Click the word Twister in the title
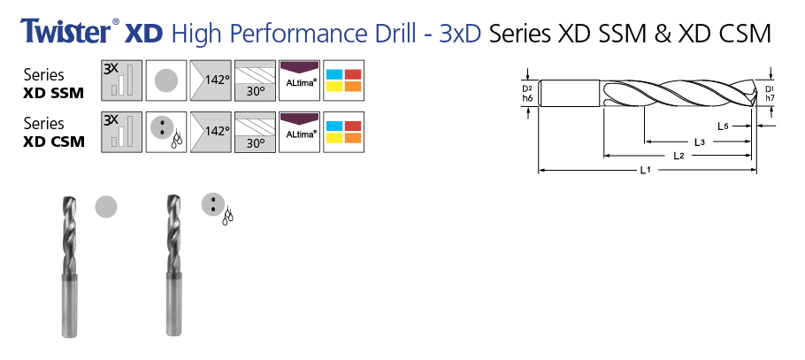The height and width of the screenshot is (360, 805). pos(65,34)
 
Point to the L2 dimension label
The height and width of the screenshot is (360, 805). pos(678,156)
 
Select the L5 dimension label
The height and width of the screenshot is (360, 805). pos(724,126)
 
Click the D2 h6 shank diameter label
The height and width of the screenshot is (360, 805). pos(526,93)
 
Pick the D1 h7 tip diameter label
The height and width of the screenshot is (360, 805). pos(770,93)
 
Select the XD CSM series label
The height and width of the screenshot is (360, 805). pos(55,139)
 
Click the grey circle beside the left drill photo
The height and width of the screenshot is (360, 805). pos(106,206)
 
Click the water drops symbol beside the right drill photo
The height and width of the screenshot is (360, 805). pos(227,216)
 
